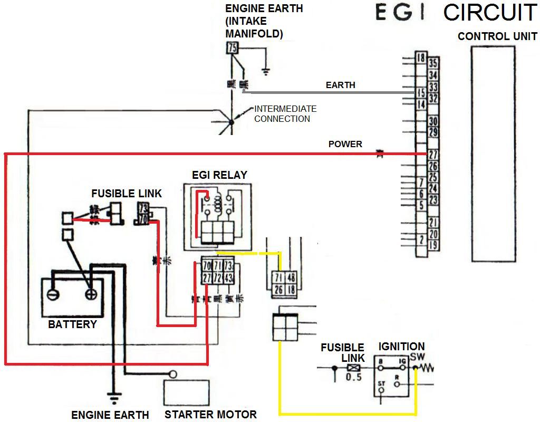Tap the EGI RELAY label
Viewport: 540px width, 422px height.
coord(220,175)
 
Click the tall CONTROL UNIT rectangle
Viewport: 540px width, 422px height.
coord(493,154)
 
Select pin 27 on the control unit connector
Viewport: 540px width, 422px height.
coord(433,155)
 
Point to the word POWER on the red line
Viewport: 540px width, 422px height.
coord(345,144)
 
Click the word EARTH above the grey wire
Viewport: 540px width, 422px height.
coord(341,85)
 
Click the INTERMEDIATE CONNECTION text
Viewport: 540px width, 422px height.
coord(285,114)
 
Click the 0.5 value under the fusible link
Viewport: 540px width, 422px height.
coord(354,378)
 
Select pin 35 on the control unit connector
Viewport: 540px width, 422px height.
coord(433,64)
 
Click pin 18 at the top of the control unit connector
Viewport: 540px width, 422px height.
coord(420,58)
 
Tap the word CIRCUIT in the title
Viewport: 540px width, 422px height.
coord(490,13)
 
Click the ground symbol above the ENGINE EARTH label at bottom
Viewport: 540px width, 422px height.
coord(112,394)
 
